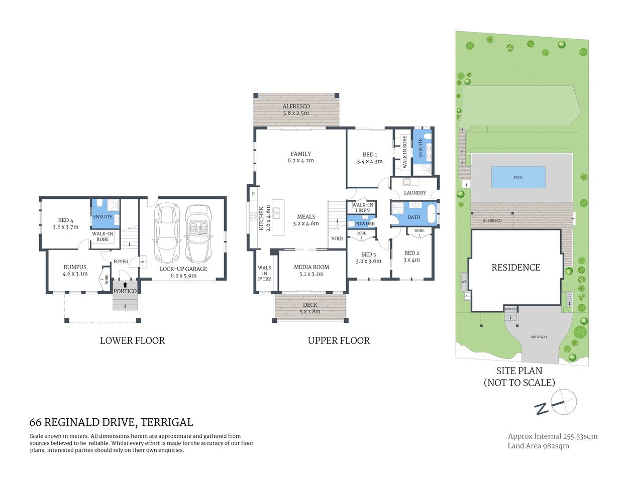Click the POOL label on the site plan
(x=518, y=177)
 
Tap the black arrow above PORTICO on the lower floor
(x=125, y=285)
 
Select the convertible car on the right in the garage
(x=198, y=233)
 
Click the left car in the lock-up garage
(x=166, y=233)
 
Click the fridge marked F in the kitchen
(x=253, y=194)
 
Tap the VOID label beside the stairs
(x=337, y=238)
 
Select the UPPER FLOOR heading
(x=339, y=341)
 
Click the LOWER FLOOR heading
(x=132, y=341)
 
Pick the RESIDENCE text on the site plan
(x=515, y=268)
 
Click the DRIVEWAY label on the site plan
(x=539, y=337)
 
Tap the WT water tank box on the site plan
(x=464, y=282)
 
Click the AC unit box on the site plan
(x=467, y=296)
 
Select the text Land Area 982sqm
(x=538, y=446)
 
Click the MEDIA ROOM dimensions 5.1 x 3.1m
(x=311, y=274)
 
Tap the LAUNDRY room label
(x=415, y=193)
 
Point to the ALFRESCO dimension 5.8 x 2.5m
(x=296, y=113)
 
